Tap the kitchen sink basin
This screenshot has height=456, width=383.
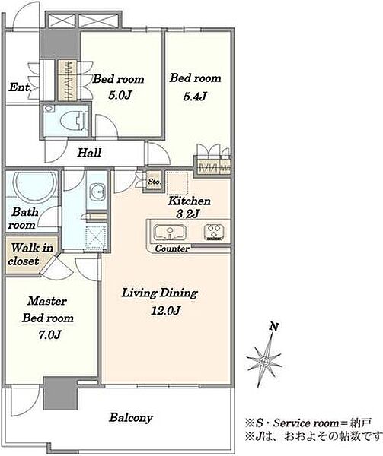(170, 233)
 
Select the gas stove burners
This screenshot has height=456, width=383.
(214, 232)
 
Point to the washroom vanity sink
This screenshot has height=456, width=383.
(97, 192)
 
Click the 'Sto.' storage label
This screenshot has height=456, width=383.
(154, 182)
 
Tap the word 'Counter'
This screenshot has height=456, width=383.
(172, 249)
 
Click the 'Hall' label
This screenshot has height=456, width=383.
(89, 153)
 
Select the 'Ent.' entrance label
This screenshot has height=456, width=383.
(20, 87)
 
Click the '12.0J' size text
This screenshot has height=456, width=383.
(165, 311)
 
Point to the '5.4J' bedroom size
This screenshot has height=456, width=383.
(195, 96)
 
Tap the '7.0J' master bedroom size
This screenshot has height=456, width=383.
(49, 334)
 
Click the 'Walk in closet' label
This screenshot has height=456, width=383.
(31, 255)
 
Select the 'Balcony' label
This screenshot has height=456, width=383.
(131, 418)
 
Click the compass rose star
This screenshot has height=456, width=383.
(264, 360)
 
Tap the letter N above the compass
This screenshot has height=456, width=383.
(273, 327)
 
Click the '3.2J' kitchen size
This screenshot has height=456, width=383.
(187, 214)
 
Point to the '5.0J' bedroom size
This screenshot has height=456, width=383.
(119, 95)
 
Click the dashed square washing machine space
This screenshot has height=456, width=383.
(95, 236)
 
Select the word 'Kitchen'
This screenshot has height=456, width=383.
(190, 201)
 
